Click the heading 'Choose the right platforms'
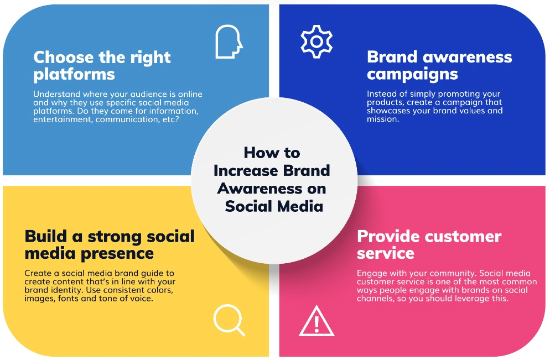[102, 66]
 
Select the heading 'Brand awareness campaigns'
[439, 66]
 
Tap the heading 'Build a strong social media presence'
[110, 244]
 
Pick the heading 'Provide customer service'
[429, 244]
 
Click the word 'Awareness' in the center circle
[260, 189]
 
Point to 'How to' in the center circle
[272, 153]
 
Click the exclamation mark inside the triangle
[316, 324]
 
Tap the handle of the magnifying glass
[240, 331]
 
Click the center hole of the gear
[316, 41]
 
